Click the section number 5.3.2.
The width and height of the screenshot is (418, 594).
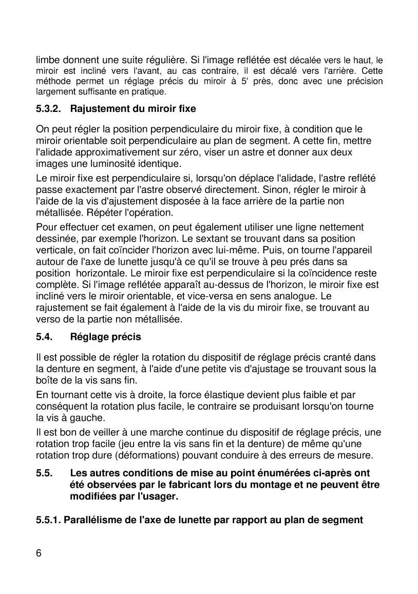point(49,109)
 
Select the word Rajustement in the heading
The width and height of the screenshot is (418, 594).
point(96,109)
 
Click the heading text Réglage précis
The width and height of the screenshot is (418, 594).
point(105,337)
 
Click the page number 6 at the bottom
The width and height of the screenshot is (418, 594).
point(39,553)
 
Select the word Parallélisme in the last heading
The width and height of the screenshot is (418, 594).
point(91,520)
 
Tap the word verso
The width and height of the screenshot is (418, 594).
point(48,319)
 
